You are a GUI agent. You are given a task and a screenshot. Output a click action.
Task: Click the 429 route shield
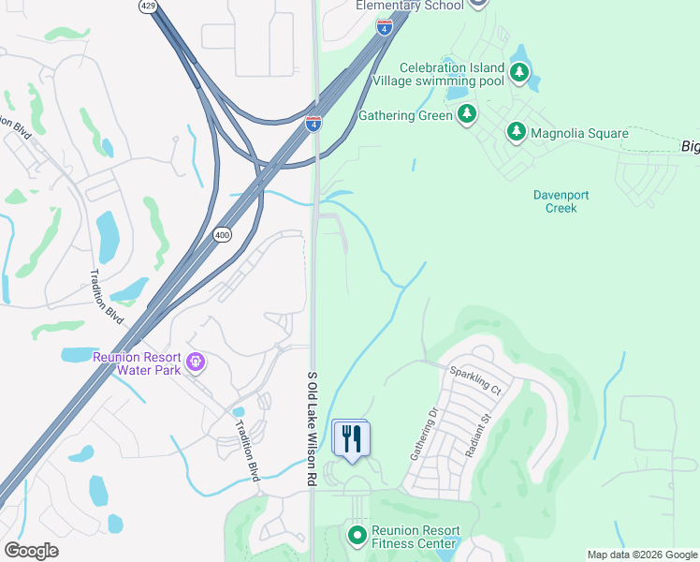[148, 6]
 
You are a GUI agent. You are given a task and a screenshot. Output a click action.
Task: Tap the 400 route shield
[222, 234]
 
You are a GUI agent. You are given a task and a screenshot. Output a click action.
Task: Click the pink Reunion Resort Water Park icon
[195, 362]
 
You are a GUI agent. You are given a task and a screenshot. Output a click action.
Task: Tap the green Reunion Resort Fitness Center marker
[357, 537]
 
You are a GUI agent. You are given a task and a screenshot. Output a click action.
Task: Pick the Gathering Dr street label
[417, 435]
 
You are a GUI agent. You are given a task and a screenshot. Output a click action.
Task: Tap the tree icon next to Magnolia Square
[516, 132]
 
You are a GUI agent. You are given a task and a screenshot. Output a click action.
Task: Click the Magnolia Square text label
[579, 134]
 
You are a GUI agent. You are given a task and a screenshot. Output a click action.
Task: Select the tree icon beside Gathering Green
[466, 115]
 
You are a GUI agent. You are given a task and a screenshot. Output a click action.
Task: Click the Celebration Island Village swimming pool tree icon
[518, 73]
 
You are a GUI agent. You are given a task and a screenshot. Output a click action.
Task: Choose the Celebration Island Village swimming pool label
[451, 74]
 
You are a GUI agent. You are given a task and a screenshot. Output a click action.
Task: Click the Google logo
[31, 551]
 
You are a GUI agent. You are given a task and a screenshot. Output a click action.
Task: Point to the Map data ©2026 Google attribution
[642, 555]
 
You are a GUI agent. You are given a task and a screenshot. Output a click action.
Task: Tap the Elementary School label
[410, 6]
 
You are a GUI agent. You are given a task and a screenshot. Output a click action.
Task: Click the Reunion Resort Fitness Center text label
[416, 537]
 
